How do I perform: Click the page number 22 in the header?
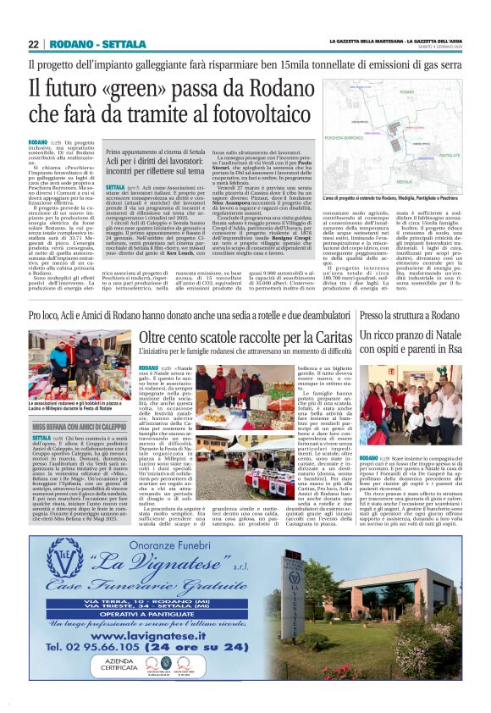34,45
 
